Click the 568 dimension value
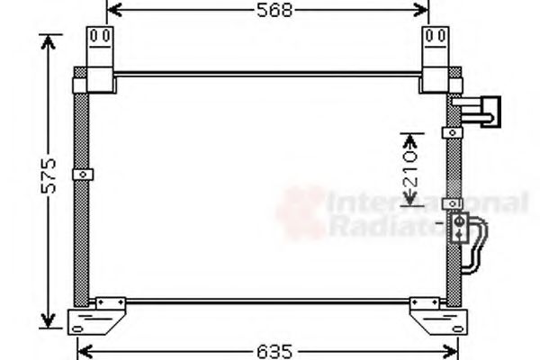click(267, 11)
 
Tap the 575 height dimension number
click(51, 176)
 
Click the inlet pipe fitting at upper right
click(481, 110)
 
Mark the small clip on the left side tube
click(83, 174)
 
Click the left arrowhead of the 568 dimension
click(112, 11)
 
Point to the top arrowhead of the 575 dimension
click(50, 40)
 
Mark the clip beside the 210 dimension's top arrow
click(452, 132)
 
